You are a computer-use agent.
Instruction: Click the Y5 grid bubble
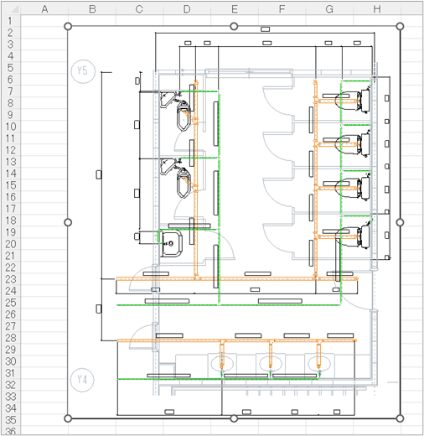pos(83,70)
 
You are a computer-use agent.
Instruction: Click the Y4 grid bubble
pos(82,380)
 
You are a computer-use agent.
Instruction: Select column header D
pos(187,9)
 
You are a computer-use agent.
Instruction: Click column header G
pos(329,9)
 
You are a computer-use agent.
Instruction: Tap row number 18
pos(11,221)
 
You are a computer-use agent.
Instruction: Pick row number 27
pos(11,326)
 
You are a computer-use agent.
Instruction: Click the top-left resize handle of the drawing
pos(68,26)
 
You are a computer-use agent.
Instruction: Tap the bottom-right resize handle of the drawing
pos(400,418)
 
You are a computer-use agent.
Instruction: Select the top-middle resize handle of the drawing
pos(234,26)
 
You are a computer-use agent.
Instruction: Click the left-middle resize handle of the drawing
pos(68,222)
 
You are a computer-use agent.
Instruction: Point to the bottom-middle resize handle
pos(234,418)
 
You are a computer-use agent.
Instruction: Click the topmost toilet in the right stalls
pos(353,101)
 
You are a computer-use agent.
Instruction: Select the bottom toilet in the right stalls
pos(353,237)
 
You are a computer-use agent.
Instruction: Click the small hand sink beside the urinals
pos(172,243)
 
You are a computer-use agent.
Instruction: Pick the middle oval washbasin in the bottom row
pos(271,363)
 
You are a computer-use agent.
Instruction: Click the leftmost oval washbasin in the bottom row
pos(222,363)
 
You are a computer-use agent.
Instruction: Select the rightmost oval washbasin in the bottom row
pos(319,363)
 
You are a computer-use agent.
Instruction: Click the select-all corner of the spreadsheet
pos(11,9)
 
